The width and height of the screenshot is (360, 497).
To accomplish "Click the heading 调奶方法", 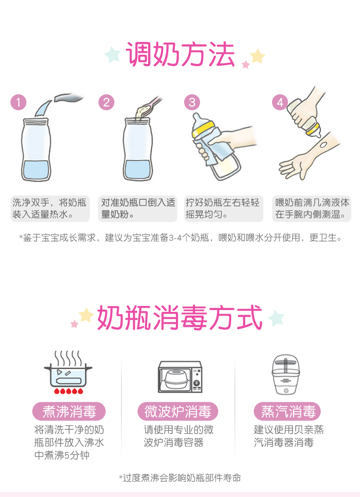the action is tap(180, 55).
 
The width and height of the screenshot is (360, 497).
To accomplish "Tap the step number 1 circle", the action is tap(18, 102).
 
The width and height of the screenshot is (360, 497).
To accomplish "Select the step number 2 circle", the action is tap(106, 102).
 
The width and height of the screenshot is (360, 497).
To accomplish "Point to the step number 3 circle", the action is tap(192, 102).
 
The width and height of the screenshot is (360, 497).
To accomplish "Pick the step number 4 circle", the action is tap(280, 102).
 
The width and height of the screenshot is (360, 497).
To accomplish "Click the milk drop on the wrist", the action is tap(323, 145).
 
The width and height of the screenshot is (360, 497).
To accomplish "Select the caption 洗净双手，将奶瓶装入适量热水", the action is tap(50, 208).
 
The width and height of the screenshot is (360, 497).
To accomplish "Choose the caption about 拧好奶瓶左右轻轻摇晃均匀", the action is tap(223, 208).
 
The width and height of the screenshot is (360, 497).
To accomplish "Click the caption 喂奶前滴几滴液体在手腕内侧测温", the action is tap(312, 208).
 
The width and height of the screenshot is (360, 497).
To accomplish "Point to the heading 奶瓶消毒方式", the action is tap(180, 317).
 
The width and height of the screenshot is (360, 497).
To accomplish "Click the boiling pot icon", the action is tap(68, 372).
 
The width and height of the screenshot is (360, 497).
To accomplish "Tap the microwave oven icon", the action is tap(180, 377).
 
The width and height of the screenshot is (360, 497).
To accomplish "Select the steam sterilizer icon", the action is tap(285, 374).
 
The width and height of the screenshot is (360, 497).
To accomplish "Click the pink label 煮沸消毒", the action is tap(69, 411).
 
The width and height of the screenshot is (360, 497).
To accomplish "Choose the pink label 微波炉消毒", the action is tap(178, 411).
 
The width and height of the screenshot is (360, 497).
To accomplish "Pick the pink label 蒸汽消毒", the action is tap(288, 411).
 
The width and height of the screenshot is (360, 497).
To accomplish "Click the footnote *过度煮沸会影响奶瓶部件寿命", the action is tap(180, 478).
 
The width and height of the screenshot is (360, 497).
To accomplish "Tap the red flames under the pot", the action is tap(68, 391).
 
